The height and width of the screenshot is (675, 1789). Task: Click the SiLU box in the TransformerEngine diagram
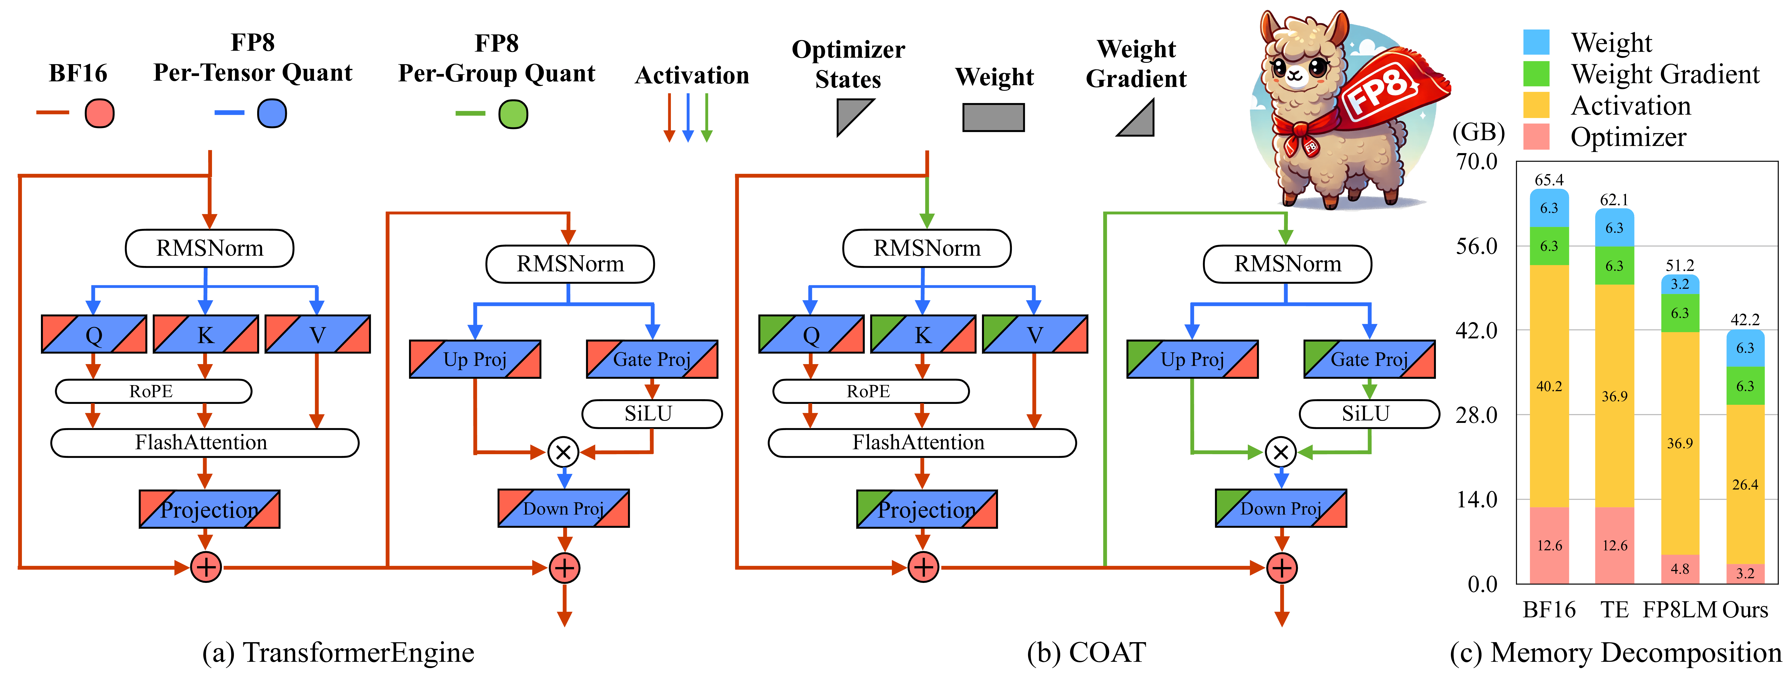click(651, 414)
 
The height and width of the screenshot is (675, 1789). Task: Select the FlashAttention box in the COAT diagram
click(922, 442)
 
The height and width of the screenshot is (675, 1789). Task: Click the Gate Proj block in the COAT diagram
click(1369, 359)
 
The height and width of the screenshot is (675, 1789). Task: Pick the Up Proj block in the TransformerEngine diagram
click(475, 359)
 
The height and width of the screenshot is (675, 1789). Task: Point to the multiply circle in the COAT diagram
click(1281, 453)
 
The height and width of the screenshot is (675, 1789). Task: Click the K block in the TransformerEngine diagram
click(206, 335)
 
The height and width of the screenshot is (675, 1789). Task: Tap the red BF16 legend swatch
click(99, 113)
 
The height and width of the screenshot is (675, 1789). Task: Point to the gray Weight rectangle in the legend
click(993, 117)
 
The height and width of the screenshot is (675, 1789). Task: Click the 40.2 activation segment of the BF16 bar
click(1549, 386)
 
